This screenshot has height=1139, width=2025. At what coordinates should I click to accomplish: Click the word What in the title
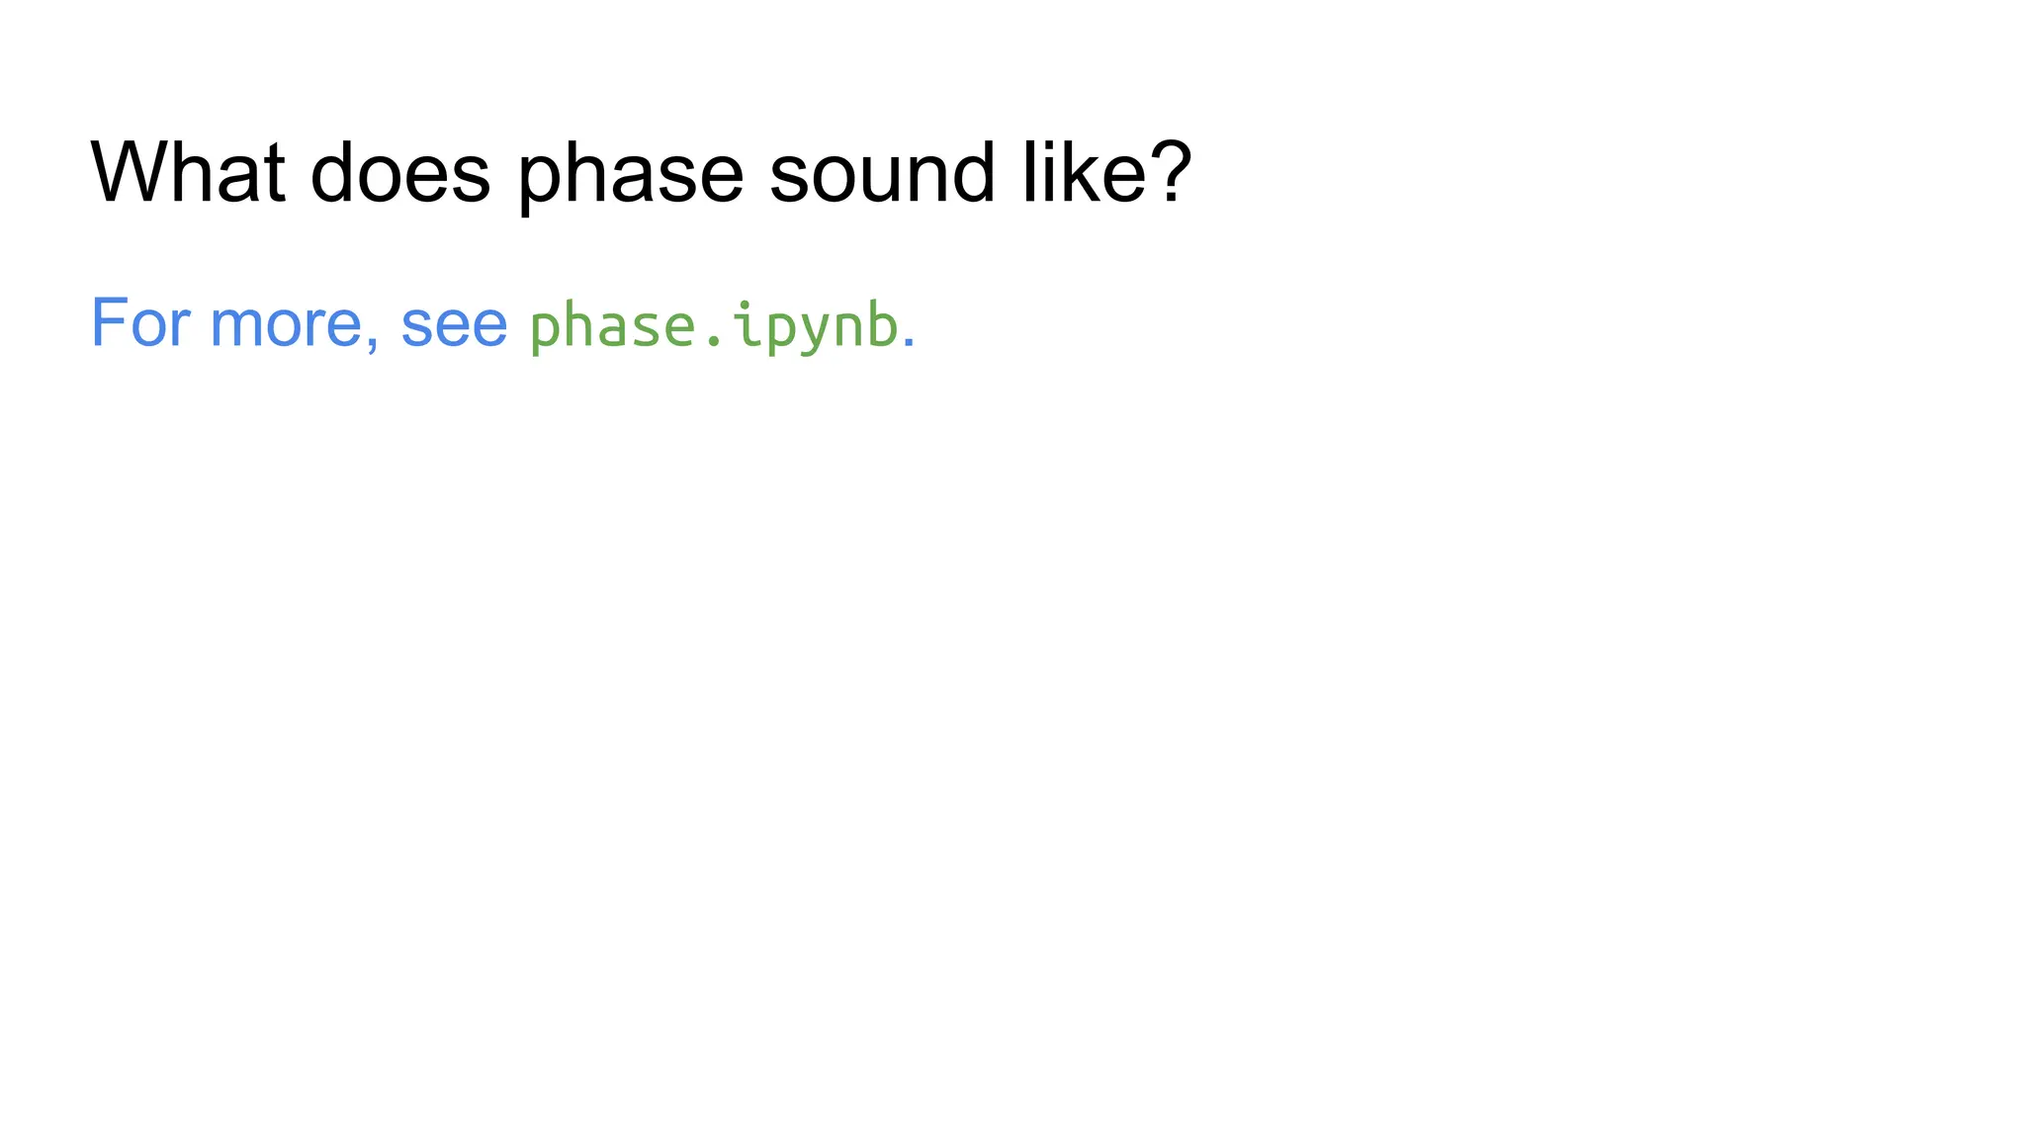coord(188,172)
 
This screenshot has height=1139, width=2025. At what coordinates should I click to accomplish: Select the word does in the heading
coord(399,172)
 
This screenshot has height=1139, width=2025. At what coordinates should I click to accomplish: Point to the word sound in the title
coord(881,172)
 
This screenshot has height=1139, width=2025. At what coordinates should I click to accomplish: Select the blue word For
coord(139,322)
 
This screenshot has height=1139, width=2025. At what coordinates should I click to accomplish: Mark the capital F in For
coord(108,322)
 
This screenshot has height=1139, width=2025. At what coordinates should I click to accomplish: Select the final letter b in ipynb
coord(882,324)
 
